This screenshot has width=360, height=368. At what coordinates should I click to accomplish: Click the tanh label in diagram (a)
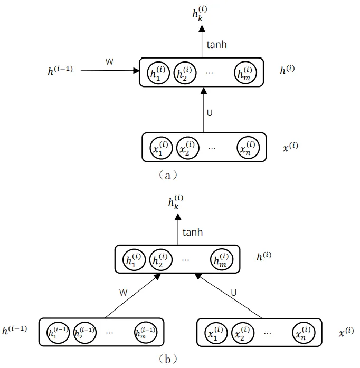[x=216, y=45]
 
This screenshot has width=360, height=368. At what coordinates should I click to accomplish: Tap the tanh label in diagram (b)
[x=192, y=232]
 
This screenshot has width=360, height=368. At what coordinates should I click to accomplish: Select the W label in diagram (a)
[x=109, y=62]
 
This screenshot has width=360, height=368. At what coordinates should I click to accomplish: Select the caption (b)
[x=167, y=359]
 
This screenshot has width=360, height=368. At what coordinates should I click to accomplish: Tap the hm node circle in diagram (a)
[x=247, y=73]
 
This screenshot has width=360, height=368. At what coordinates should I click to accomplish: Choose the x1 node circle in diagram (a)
[x=159, y=147]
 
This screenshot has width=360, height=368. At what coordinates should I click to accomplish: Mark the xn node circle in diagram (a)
[x=248, y=147]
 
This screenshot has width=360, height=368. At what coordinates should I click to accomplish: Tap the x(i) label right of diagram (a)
[x=290, y=147]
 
